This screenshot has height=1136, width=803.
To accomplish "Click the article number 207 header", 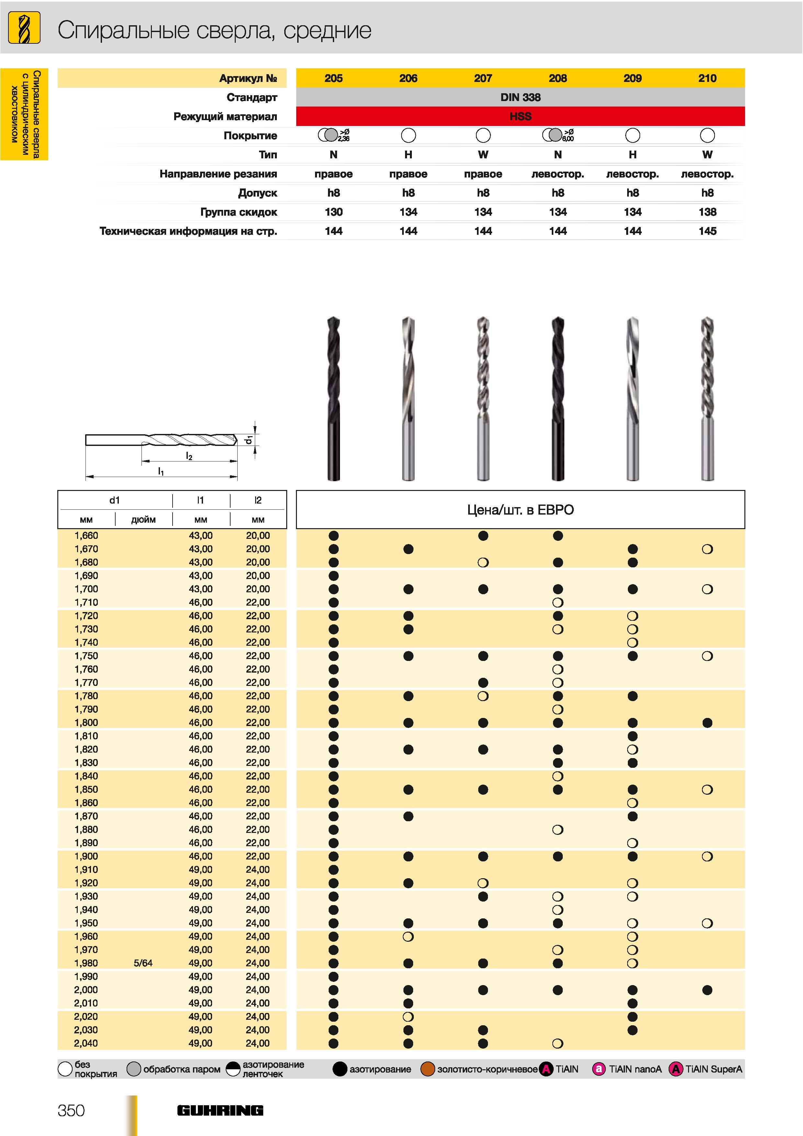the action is point(483,78).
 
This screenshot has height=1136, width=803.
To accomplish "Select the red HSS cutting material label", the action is point(520,116).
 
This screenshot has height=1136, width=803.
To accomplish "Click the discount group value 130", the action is point(334,212).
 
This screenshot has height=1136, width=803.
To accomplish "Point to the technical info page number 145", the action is point(707,231).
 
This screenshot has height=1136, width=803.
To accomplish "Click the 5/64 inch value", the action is point(143,963).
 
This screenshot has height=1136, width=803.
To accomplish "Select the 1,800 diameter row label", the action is point(86,722).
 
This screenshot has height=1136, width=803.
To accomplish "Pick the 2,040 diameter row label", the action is point(86,1043).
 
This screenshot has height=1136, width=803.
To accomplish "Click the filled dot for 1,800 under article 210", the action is point(707,723).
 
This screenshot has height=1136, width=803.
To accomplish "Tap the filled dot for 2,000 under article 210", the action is point(707,990).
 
